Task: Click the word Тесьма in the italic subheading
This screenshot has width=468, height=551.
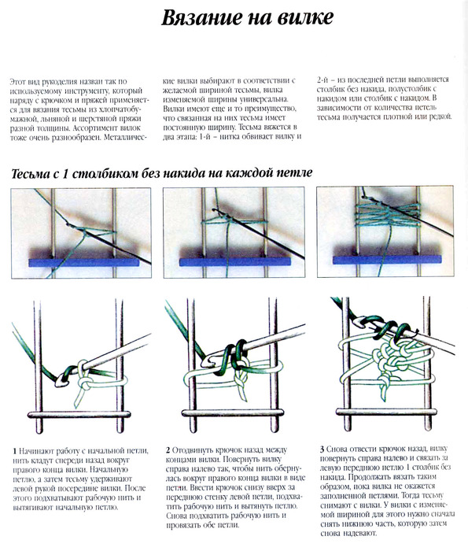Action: (x=31, y=174)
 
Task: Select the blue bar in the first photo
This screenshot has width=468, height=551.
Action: (x=84, y=262)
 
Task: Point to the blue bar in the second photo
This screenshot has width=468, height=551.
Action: (x=235, y=262)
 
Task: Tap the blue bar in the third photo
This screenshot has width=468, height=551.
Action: (x=387, y=260)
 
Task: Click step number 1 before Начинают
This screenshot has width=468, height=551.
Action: (x=15, y=451)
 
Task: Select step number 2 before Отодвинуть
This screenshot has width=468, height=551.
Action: (x=168, y=450)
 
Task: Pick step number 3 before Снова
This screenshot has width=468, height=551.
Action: (x=322, y=449)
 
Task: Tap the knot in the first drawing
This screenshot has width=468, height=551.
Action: (x=85, y=382)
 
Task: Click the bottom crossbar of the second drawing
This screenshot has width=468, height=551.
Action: (x=232, y=412)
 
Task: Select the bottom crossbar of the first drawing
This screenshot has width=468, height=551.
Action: (x=79, y=414)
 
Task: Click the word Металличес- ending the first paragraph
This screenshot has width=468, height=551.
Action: (x=125, y=138)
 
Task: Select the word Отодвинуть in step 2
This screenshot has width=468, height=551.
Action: (x=192, y=450)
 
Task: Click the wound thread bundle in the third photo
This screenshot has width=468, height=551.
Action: (x=389, y=211)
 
